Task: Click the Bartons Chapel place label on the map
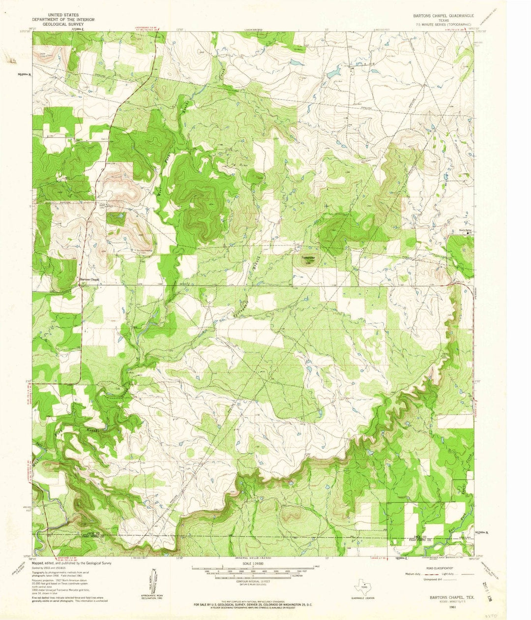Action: pos(90,280)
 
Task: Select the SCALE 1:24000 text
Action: pos(251,563)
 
